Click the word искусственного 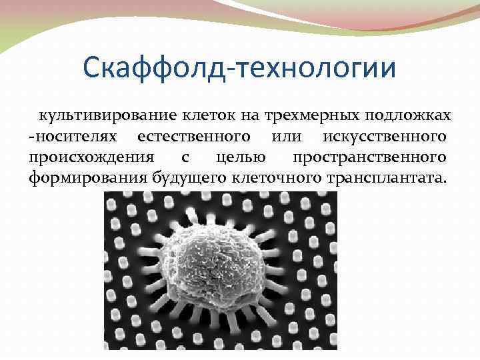click(x=385, y=137)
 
